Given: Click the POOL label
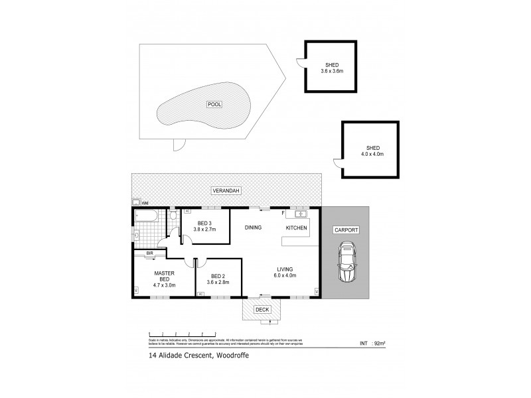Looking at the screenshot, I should coord(214,104).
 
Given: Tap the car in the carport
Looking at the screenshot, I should coord(346,262).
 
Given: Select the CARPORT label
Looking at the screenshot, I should coord(346,230).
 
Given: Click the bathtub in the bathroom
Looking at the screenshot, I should coord(144,217).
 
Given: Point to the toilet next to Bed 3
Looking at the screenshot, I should coord(173,215).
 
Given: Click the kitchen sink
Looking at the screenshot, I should coord(299,214).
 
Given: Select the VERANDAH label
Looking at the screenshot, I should coord(226,191).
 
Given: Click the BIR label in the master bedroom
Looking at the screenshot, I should coord(141,253).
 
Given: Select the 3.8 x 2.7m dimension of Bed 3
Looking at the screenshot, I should coord(205,230).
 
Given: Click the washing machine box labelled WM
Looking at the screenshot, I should coord(137,202).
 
